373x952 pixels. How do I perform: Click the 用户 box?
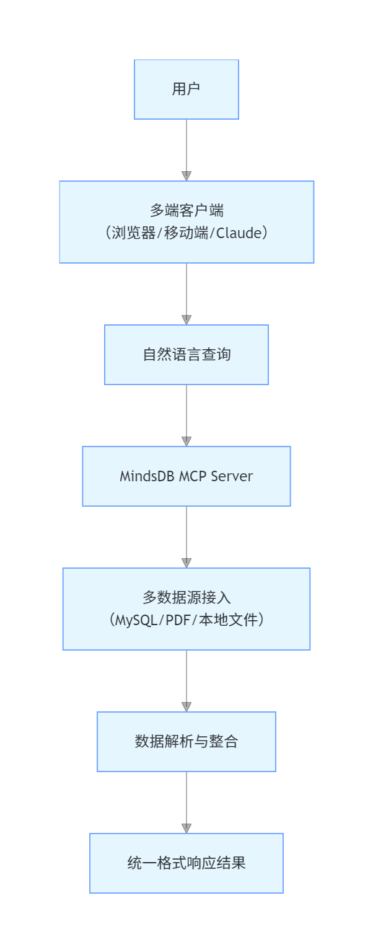(186, 89)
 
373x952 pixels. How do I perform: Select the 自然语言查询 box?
(186, 355)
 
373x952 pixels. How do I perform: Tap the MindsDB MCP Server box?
(186, 476)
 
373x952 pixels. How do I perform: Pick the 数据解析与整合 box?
(186, 742)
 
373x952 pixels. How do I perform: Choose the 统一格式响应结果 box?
(186, 863)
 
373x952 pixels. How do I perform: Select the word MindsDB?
(147, 476)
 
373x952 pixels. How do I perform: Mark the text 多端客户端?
(186, 211)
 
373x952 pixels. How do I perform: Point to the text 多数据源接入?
(186, 598)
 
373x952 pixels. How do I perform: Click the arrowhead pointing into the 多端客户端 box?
(186, 176)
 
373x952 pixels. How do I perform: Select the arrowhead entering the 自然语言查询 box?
(186, 320)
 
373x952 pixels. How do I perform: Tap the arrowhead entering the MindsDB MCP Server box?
(186, 442)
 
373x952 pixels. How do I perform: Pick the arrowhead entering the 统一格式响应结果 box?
(186, 829)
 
